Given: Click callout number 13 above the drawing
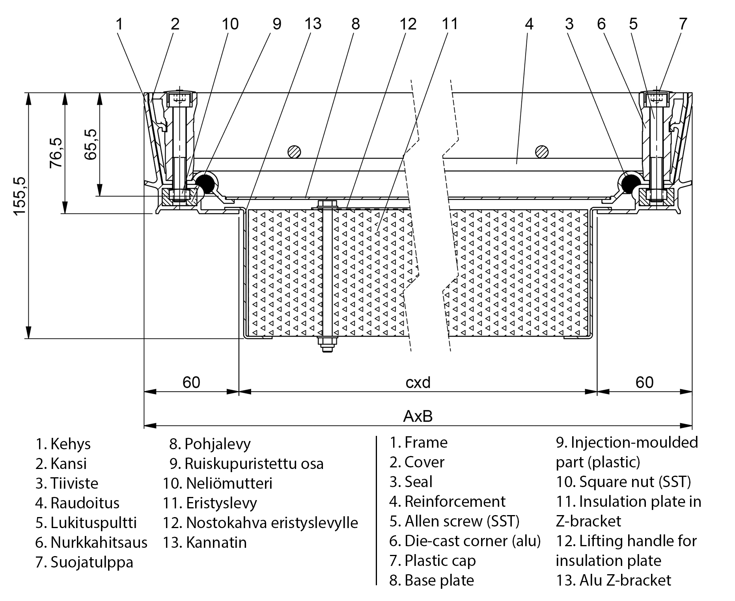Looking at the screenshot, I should [x=313, y=24].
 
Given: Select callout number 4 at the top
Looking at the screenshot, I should [x=529, y=24].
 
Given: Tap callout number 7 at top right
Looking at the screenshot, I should [x=683, y=24].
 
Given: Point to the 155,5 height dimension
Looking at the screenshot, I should [x=19, y=196].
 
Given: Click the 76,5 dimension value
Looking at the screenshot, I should [x=56, y=153].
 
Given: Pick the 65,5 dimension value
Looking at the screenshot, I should [x=91, y=144].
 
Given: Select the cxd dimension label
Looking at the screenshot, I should [x=418, y=382].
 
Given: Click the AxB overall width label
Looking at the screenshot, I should [x=418, y=416].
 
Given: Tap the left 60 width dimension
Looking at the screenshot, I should [x=191, y=382].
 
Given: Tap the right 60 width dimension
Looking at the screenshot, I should [x=644, y=382].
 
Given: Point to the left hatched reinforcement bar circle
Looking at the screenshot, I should [x=294, y=151].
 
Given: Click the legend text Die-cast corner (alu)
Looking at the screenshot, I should [x=465, y=541].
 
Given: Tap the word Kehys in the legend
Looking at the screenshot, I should [x=71, y=444].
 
